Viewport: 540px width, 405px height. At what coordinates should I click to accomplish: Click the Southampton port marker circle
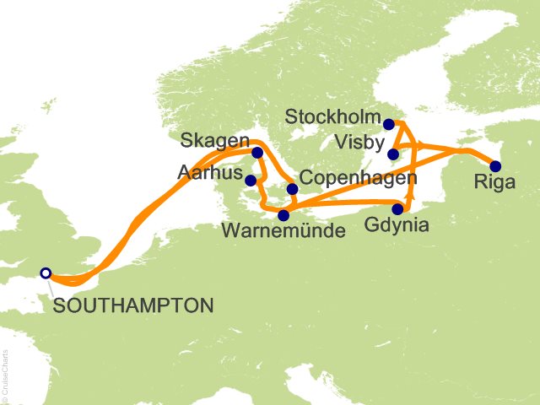pos(46,273)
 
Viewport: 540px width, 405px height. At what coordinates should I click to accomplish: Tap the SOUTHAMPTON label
pos(132,305)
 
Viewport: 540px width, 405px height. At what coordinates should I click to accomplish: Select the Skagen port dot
pos(257,153)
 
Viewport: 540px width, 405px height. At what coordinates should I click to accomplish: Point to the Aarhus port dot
pos(251,180)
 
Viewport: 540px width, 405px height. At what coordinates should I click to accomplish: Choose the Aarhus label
pos(208,172)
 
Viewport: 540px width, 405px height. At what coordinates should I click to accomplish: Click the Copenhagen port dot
pos(292,189)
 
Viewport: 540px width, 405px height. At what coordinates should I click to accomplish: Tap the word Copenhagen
pos(358,178)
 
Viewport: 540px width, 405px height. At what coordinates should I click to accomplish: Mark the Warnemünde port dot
pos(283,215)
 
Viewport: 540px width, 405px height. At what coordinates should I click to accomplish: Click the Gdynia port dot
pos(397,209)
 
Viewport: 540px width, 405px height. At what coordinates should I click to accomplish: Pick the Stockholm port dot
pos(388,125)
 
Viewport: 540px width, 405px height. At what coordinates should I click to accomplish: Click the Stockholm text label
pos(333,116)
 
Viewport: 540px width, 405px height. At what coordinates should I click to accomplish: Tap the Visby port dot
pos(393,154)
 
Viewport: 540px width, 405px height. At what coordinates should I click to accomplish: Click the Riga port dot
pos(496,166)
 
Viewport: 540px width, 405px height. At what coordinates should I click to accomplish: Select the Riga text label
pos(494,183)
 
